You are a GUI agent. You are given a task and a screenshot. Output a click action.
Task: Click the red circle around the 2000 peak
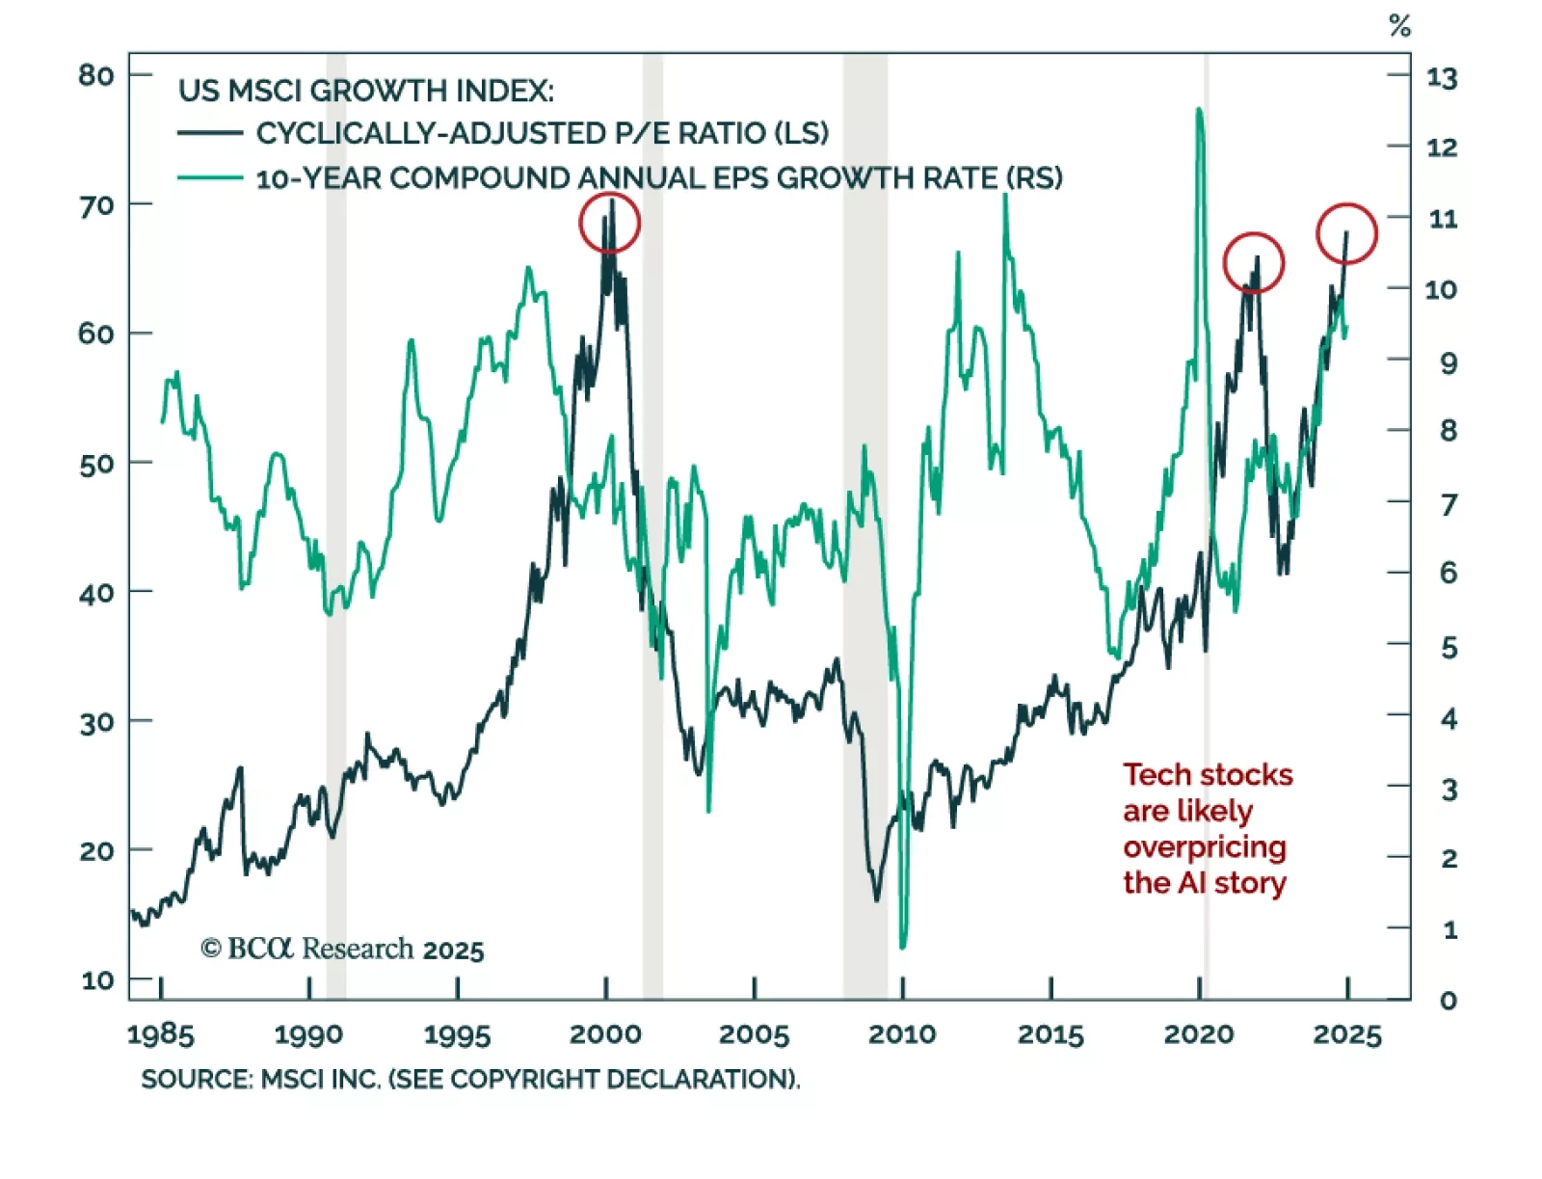pyautogui.click(x=609, y=223)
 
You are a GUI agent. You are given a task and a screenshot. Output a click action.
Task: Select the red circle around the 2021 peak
pyautogui.click(x=1253, y=262)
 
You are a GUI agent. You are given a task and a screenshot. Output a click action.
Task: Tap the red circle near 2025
pyautogui.click(x=1346, y=233)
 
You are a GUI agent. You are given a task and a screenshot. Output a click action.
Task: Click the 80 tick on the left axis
pyautogui.click(x=95, y=75)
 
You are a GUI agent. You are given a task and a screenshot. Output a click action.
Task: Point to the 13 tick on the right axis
pyautogui.click(x=1442, y=78)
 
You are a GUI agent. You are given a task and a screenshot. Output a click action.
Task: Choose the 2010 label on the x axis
pyautogui.click(x=902, y=1034)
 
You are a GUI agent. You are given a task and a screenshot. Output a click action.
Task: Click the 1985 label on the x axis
pyautogui.click(x=161, y=1034)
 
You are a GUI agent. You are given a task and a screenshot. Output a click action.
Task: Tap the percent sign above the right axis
pyautogui.click(x=1400, y=26)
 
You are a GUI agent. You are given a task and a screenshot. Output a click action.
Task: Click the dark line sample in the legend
pyautogui.click(x=210, y=133)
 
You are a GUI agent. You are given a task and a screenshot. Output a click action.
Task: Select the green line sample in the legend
pyautogui.click(x=210, y=177)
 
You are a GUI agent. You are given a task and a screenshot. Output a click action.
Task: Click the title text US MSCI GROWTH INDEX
pyautogui.click(x=366, y=91)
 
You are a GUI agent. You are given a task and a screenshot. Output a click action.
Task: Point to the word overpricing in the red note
pyautogui.click(x=1204, y=847)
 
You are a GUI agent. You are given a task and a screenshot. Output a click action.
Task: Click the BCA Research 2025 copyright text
pyautogui.click(x=342, y=950)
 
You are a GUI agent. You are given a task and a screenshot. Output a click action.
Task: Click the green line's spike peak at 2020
pyautogui.click(x=1199, y=110)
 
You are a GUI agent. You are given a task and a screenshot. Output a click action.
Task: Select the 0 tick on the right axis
pyautogui.click(x=1448, y=1001)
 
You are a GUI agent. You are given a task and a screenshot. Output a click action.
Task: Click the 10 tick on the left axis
pyautogui.click(x=97, y=980)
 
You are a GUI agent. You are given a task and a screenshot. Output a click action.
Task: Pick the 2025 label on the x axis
pyautogui.click(x=1347, y=1034)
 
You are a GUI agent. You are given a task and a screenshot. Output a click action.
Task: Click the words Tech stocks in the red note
pyautogui.click(x=1208, y=775)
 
